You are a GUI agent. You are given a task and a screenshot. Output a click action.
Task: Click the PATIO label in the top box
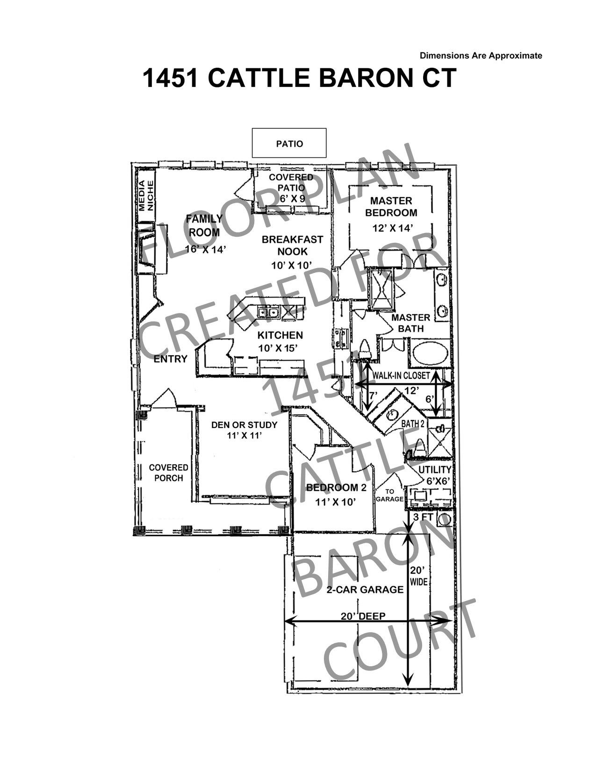click(x=289, y=144)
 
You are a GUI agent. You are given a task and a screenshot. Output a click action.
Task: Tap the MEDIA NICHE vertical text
click(x=146, y=196)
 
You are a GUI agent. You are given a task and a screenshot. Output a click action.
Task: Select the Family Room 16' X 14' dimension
click(x=206, y=249)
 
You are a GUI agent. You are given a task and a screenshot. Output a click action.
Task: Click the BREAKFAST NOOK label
click(x=292, y=246)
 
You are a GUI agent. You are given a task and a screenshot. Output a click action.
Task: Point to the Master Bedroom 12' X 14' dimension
click(x=393, y=228)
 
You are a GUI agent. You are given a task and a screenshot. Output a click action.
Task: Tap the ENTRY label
click(x=171, y=359)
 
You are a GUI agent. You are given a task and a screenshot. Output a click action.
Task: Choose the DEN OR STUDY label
click(x=244, y=424)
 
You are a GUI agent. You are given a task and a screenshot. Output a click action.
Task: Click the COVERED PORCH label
click(x=169, y=473)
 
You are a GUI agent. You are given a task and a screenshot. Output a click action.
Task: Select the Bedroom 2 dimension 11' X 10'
click(x=336, y=502)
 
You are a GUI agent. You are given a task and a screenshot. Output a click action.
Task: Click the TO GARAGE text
click(x=390, y=495)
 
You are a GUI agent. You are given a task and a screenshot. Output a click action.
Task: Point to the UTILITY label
click(x=434, y=470)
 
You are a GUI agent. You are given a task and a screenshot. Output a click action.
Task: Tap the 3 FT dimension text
click(x=423, y=517)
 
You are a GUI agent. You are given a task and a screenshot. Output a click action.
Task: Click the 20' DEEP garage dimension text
click(x=363, y=616)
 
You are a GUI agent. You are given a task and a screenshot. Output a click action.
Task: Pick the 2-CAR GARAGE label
click(x=365, y=590)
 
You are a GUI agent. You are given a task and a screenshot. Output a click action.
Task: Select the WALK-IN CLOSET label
click(x=401, y=376)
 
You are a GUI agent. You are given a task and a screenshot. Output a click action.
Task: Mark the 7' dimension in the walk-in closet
click(x=373, y=394)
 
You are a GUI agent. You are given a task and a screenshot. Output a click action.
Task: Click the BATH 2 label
click(x=413, y=423)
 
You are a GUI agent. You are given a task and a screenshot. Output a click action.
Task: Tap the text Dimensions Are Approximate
click(x=481, y=55)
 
